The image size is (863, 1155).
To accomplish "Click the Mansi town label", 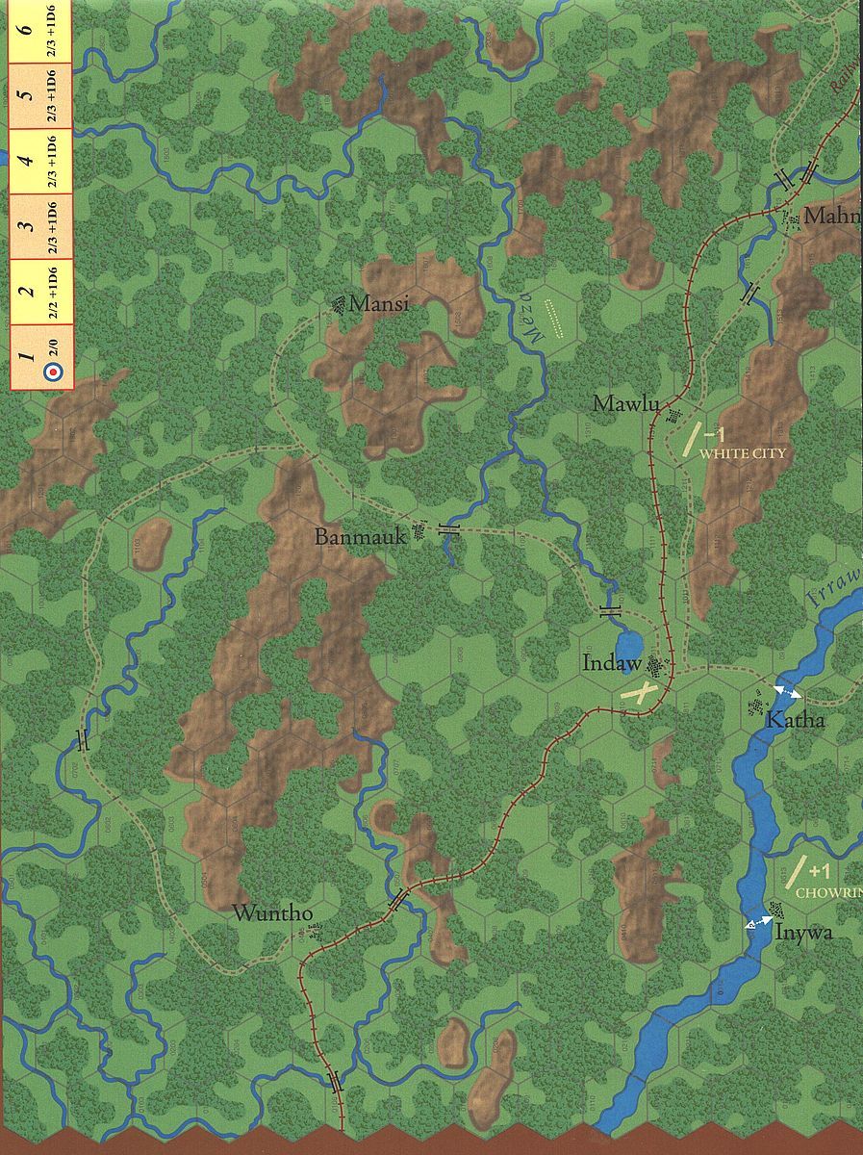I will tap(379, 304).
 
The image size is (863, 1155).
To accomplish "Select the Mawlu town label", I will tap(625, 404).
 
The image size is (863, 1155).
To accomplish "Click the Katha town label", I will tap(795, 720).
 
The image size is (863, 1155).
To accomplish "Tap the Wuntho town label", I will tap(272, 913).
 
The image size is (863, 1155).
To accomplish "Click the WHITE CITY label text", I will tap(743, 452).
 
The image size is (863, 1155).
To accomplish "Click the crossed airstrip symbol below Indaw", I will tap(641, 692).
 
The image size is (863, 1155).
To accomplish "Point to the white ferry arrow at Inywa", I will tap(760, 922).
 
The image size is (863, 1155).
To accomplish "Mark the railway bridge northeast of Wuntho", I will tap(398, 901).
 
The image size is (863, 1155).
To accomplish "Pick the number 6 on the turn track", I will tap(28, 29).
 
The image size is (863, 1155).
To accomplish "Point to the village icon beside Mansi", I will tap(338, 305).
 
